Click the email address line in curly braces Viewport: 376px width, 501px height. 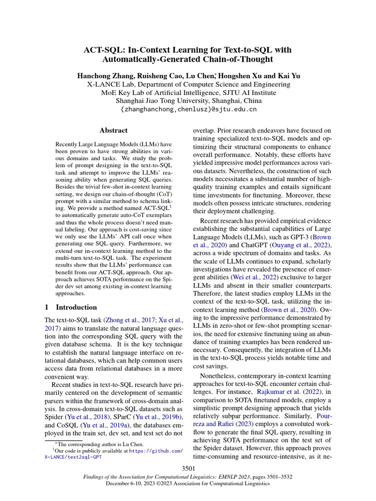[188, 109]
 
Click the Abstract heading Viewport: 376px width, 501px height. [113, 131]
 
